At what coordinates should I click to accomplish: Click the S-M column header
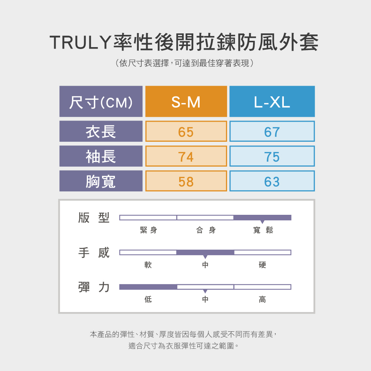(x=186, y=102)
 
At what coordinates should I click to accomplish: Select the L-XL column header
(x=272, y=102)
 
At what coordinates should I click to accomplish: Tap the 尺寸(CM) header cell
(x=101, y=102)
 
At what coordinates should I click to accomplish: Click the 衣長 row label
(x=101, y=131)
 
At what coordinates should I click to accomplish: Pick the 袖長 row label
(x=101, y=156)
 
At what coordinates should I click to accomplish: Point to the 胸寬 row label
(x=101, y=181)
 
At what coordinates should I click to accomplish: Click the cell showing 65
(x=186, y=131)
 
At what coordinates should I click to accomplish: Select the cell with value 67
(x=272, y=131)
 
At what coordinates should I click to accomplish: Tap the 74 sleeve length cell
(x=186, y=156)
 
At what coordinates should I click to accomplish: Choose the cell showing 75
(x=272, y=156)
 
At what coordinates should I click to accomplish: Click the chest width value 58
(x=186, y=181)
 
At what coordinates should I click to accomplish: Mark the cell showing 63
(x=272, y=181)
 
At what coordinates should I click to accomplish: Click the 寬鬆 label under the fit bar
(x=263, y=230)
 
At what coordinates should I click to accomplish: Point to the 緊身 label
(x=148, y=230)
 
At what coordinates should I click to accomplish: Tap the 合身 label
(x=206, y=230)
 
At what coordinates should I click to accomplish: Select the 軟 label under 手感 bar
(x=148, y=265)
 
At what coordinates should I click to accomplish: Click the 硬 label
(x=262, y=265)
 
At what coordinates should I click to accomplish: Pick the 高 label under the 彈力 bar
(x=262, y=299)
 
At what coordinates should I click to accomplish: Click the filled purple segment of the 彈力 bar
(x=148, y=287)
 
